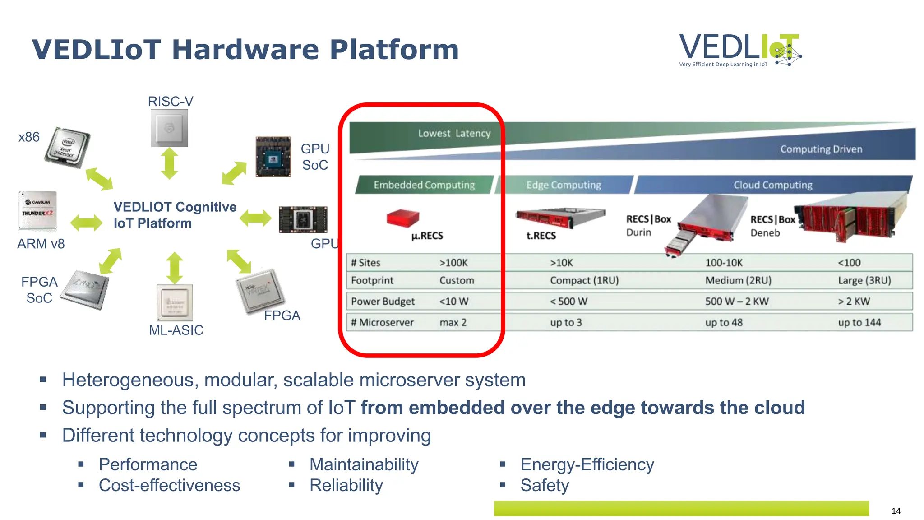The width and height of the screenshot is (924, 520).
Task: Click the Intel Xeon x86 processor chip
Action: tap(68, 147)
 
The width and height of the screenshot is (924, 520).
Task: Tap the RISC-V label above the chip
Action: tap(171, 102)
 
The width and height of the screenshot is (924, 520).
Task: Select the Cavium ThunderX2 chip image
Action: tap(38, 210)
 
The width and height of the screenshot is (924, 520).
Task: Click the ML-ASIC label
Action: tap(176, 330)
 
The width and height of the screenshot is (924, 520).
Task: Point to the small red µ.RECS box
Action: tap(402, 218)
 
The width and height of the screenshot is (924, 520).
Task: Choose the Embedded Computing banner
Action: tap(424, 185)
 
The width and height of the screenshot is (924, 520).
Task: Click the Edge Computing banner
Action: tap(564, 185)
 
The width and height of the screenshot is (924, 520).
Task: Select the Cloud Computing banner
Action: tap(772, 185)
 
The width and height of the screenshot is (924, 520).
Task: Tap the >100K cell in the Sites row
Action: tap(453, 263)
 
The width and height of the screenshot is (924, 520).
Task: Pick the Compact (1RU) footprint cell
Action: tap(584, 280)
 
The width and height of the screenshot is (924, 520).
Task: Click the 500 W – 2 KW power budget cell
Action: tap(737, 301)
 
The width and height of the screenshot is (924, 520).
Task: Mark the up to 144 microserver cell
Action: tap(859, 322)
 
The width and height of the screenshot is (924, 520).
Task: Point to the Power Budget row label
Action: tap(383, 301)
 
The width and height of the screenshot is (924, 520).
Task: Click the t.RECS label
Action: tap(541, 236)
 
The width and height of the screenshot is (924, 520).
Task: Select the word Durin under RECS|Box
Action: tap(638, 232)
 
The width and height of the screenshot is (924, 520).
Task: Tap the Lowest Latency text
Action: tap(454, 133)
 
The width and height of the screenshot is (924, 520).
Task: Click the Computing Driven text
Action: tap(821, 149)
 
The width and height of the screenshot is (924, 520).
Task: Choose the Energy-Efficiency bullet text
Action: tap(587, 464)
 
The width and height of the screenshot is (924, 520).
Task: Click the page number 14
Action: tap(896, 511)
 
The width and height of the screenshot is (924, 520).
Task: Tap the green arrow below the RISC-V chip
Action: tap(169, 163)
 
